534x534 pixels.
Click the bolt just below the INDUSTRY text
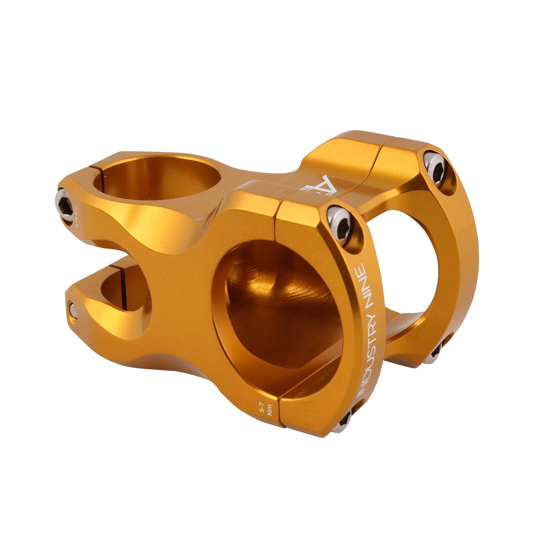tap(343, 420)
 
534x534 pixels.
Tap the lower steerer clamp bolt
tap(73, 310)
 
